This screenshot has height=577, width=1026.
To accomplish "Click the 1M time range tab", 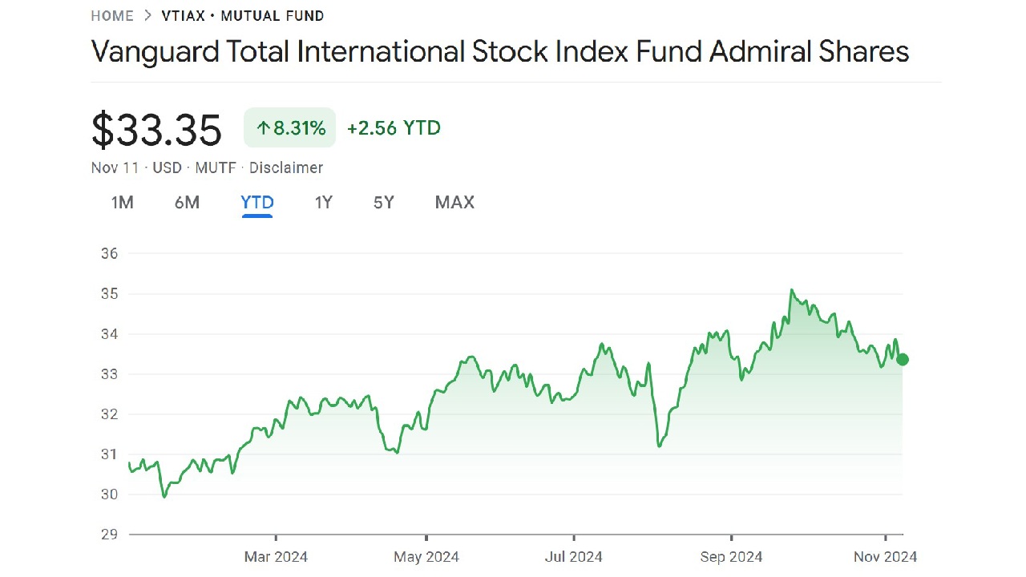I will pyautogui.click(x=122, y=203).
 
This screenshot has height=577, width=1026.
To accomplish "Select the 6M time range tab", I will pyautogui.click(x=187, y=203).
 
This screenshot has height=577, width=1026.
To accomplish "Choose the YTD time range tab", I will pyautogui.click(x=257, y=203).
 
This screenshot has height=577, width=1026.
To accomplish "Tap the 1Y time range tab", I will pyautogui.click(x=323, y=203).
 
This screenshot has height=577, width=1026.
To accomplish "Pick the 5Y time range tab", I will pyautogui.click(x=384, y=203).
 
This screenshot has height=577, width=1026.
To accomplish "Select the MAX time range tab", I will pyautogui.click(x=454, y=203).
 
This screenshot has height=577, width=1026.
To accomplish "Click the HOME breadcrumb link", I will pyautogui.click(x=112, y=16).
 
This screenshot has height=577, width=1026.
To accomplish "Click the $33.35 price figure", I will pyautogui.click(x=156, y=130).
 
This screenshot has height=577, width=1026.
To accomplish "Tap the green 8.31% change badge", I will pyautogui.click(x=290, y=128).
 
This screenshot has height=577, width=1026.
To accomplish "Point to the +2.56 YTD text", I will pyautogui.click(x=394, y=128).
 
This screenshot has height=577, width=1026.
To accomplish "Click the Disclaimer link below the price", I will pyautogui.click(x=286, y=167).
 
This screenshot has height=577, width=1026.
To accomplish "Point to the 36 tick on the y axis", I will pyautogui.click(x=110, y=254).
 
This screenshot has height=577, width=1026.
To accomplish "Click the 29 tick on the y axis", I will pyautogui.click(x=110, y=535).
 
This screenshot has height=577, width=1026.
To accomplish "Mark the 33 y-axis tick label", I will pyautogui.click(x=110, y=374).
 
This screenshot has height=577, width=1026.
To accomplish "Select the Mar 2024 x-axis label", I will pyautogui.click(x=276, y=556).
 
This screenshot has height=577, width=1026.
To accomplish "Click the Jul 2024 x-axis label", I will pyautogui.click(x=573, y=556).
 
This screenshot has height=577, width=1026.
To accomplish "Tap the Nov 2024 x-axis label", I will pyautogui.click(x=886, y=556).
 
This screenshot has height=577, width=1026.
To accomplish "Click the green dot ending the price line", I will pyautogui.click(x=903, y=359).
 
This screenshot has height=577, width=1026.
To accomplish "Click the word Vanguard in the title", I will pyautogui.click(x=154, y=52).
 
